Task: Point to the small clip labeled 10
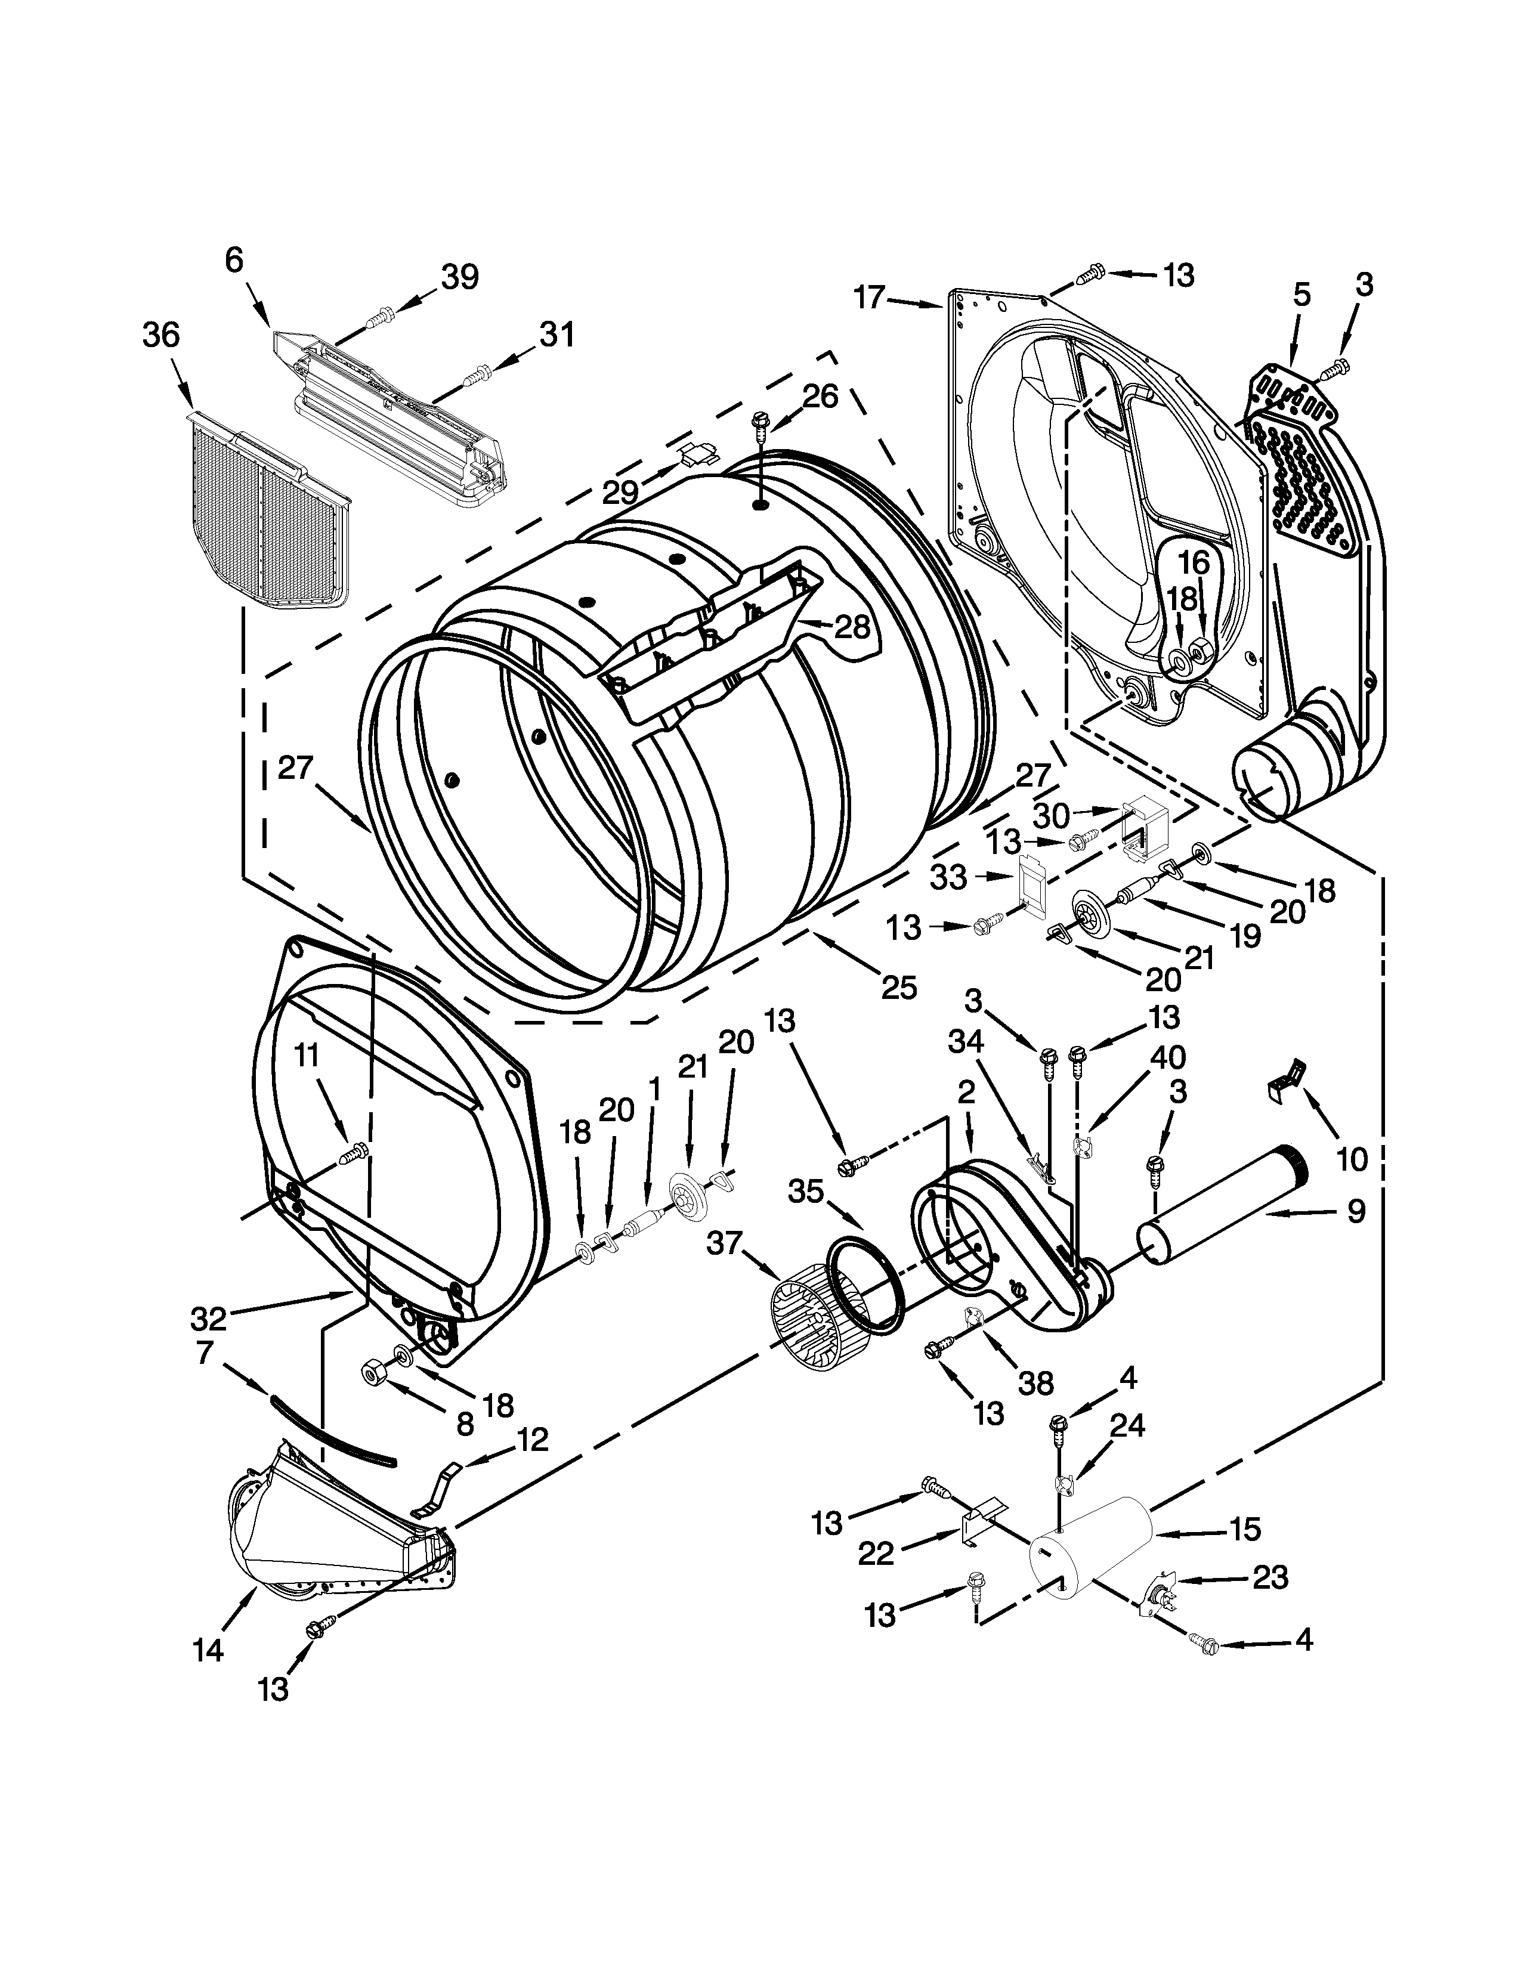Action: (1286, 1073)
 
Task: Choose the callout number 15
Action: (1244, 1529)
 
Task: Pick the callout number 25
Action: (898, 988)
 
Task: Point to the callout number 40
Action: (1167, 1056)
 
